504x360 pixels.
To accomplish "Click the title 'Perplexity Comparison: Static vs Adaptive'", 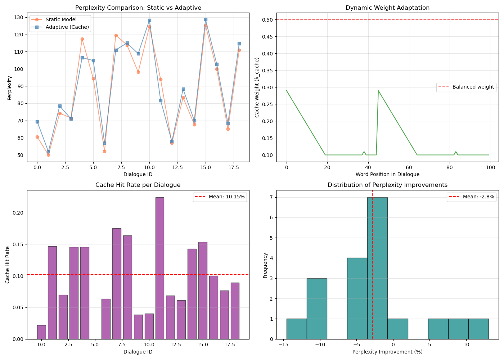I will click(138, 8).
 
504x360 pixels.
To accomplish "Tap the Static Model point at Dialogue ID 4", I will click(82, 39).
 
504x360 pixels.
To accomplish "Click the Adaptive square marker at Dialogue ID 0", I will click(37, 122).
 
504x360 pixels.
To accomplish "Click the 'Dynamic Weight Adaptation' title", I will click(387, 8).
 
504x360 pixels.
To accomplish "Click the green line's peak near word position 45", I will click(378, 91).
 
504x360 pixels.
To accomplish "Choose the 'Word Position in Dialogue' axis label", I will click(387, 174).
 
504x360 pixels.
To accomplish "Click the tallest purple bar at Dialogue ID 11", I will click(160, 268).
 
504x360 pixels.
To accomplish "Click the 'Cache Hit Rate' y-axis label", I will click(8, 265).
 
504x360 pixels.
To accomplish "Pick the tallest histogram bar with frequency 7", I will click(377, 268).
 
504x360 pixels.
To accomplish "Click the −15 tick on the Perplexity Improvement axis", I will click(283, 345).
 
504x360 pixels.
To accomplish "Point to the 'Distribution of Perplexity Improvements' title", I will click(387, 185).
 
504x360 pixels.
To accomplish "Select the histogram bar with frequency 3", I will click(317, 309).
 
